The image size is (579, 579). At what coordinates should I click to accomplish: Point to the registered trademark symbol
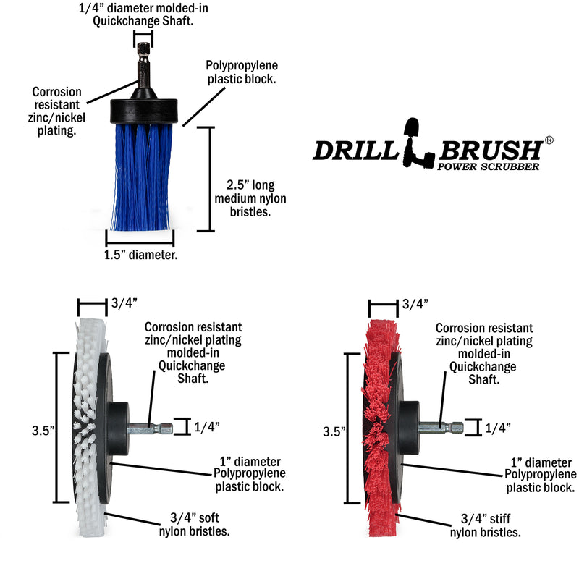[549, 140]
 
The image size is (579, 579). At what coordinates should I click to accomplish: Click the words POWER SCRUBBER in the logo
[489, 166]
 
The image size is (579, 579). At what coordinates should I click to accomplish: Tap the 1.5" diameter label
[141, 255]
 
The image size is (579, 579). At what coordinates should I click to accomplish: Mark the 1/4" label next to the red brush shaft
[498, 427]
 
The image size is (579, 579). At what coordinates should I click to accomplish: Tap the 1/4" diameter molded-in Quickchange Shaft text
[139, 14]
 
